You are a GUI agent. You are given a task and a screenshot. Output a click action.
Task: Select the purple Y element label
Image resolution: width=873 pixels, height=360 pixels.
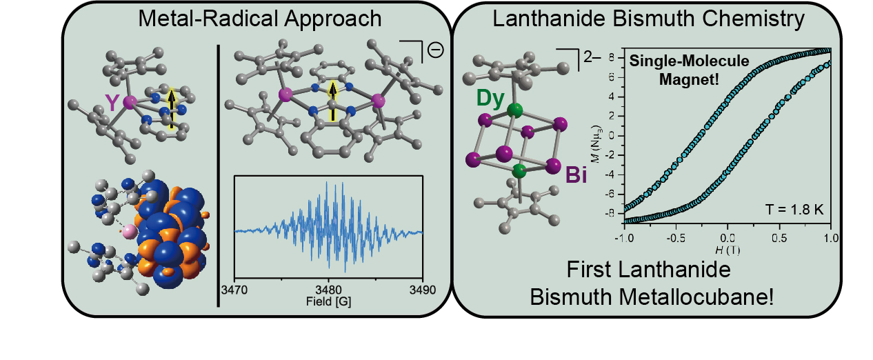pyautogui.click(x=112, y=103)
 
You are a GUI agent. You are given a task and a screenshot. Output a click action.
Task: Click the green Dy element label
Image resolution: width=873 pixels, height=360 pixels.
pyautogui.click(x=490, y=98)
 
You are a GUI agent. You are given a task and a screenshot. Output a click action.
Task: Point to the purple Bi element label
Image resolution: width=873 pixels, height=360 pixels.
pyautogui.click(x=576, y=174)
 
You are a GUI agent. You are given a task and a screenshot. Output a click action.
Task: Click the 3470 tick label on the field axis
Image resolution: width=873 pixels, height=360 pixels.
pyautogui.click(x=234, y=290)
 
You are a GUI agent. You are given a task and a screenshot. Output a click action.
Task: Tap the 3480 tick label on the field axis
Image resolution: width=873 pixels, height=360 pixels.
pyautogui.click(x=328, y=290)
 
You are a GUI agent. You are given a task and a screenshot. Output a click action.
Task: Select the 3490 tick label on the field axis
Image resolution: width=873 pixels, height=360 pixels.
pyautogui.click(x=423, y=290)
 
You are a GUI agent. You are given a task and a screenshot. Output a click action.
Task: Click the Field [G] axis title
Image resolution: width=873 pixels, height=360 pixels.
pyautogui.click(x=328, y=301)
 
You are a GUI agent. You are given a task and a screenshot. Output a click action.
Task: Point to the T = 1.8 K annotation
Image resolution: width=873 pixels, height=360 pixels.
pyautogui.click(x=794, y=210)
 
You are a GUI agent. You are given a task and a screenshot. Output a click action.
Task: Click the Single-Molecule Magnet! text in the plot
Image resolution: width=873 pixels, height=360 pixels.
pyautogui.click(x=689, y=70)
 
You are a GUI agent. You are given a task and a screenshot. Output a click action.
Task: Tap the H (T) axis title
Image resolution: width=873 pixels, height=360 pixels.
pyautogui.click(x=727, y=250)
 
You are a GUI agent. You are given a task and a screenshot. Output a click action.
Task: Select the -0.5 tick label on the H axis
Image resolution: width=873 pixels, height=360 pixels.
pyautogui.click(x=675, y=238)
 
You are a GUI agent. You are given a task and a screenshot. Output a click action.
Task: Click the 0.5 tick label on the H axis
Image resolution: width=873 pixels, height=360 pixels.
pyautogui.click(x=779, y=238)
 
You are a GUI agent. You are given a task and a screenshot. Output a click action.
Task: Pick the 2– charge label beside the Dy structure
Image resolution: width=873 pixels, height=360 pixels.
pyautogui.click(x=592, y=57)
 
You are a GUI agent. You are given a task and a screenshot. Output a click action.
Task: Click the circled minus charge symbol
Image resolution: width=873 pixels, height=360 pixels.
pyautogui.click(x=435, y=50)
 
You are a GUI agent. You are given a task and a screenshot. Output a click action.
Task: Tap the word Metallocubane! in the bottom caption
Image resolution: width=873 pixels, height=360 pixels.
pyautogui.click(x=697, y=297)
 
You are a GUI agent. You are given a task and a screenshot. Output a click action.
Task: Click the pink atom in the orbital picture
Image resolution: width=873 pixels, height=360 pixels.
pyautogui.click(x=130, y=232)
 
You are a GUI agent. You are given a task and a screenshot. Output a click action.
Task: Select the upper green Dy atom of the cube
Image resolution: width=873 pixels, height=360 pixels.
pyautogui.click(x=515, y=110)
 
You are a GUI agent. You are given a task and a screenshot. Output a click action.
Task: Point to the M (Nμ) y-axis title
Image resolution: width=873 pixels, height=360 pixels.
pyautogui.click(x=596, y=143)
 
